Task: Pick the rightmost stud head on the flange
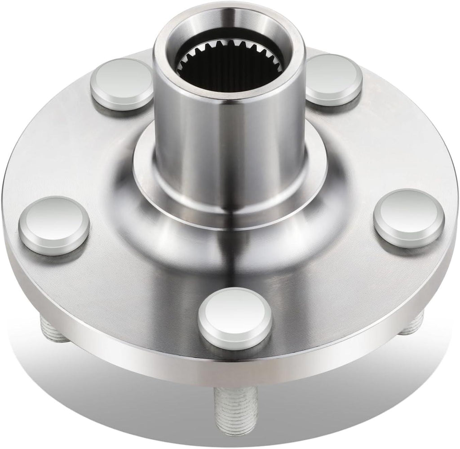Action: point(409,218)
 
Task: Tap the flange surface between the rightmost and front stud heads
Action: point(332,288)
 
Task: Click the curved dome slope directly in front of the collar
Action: point(234,252)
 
